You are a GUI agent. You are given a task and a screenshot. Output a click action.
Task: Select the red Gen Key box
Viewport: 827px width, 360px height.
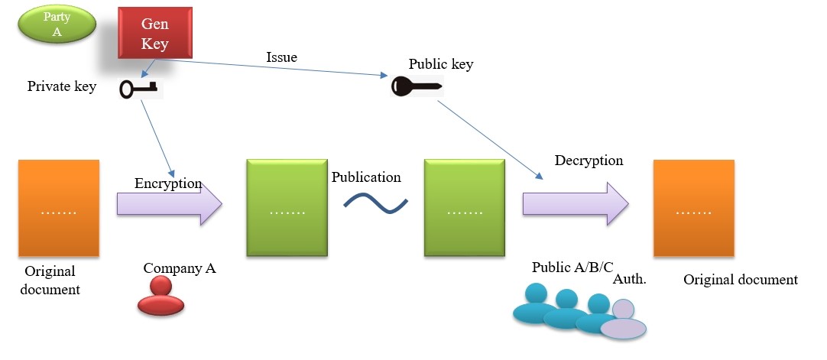[x=154, y=33]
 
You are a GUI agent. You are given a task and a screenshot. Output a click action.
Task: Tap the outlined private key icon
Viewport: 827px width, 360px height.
[x=138, y=89]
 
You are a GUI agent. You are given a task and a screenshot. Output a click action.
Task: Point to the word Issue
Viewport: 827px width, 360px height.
[x=281, y=57]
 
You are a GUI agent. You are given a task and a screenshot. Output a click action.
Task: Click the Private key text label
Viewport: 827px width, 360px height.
[x=62, y=86]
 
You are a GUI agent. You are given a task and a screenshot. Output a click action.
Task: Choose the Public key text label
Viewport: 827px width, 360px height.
[x=441, y=63]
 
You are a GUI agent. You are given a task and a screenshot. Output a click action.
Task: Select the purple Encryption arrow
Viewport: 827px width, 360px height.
[x=169, y=204]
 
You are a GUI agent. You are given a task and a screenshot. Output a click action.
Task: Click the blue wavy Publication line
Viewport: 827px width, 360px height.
[x=375, y=203]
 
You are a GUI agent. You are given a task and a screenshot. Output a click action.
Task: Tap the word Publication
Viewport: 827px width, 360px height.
[x=366, y=177]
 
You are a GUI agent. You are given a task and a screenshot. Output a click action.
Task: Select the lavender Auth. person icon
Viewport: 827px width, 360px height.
[x=623, y=320]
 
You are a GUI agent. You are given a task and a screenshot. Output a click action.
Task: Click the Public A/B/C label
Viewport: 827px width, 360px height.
[x=572, y=267]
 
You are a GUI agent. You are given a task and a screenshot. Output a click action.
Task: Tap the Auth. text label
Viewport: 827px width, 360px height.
[x=630, y=280]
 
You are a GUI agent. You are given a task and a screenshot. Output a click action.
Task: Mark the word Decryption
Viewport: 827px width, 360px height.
[x=589, y=161]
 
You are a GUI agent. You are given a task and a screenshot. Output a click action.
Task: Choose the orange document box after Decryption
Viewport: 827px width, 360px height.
[x=693, y=208]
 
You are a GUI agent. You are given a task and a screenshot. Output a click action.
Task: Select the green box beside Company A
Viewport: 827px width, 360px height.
[x=287, y=208]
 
